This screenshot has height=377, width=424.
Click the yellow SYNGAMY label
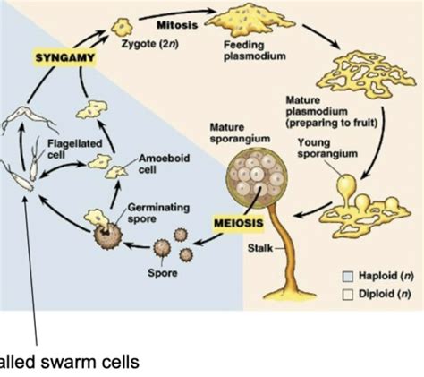point(64,57)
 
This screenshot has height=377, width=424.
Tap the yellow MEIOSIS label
point(239,223)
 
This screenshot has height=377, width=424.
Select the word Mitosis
point(177,25)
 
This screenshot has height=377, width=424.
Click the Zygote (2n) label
point(150,44)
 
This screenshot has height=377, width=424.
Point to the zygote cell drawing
point(122,27)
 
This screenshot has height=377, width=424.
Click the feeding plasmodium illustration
point(250,21)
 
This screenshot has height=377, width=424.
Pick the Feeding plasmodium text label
point(254,51)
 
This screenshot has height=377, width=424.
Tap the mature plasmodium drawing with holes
point(366,73)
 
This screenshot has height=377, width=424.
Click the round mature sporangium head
point(257,177)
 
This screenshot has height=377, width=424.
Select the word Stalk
point(260,248)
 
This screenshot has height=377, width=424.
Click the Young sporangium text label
point(327,149)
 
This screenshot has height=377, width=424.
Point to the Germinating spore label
point(158,213)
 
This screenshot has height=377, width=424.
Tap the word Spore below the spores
point(163,273)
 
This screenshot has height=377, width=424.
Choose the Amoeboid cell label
point(164,164)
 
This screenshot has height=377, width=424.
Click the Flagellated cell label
point(75,149)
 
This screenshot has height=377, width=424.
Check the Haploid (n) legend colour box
point(348,277)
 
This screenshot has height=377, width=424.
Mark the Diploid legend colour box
point(348,295)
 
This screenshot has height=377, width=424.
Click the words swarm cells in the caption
point(90,362)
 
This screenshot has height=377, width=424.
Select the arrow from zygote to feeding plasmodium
point(177,13)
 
